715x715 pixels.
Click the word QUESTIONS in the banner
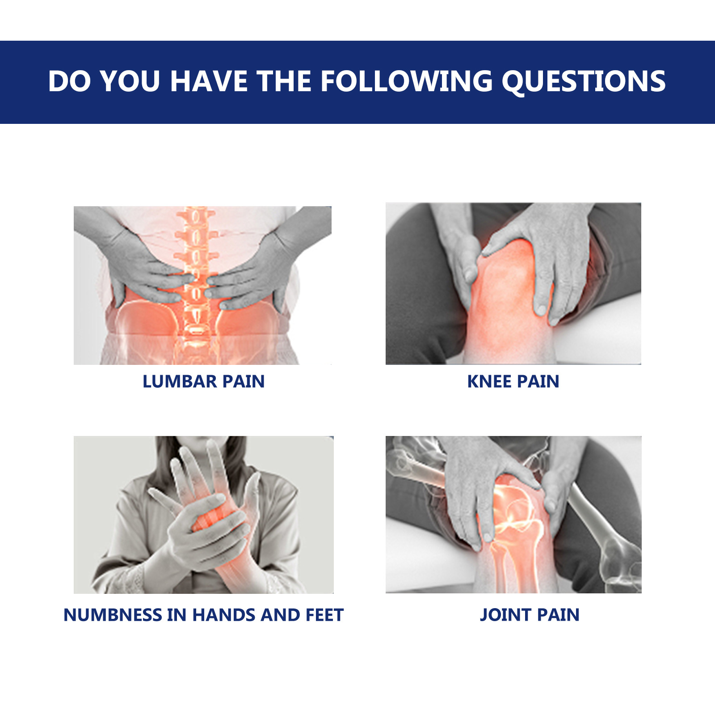(x=583, y=81)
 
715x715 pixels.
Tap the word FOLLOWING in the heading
(x=406, y=81)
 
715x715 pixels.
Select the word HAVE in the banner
(x=209, y=81)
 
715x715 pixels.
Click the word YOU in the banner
(x=130, y=81)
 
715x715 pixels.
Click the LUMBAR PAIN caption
(x=203, y=381)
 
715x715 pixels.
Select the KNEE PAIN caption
(x=513, y=381)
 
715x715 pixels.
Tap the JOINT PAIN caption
(x=530, y=615)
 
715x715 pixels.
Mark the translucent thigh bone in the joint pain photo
(x=420, y=470)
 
